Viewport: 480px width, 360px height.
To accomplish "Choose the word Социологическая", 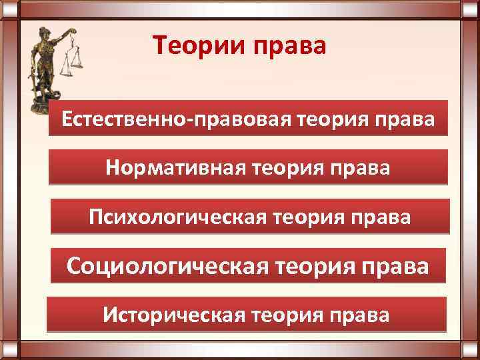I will [175, 265].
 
